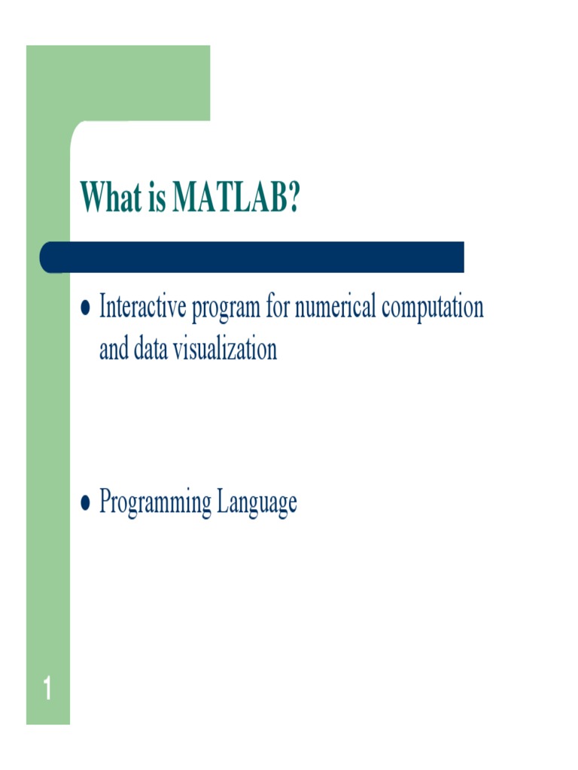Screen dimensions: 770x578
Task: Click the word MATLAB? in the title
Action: [236, 197]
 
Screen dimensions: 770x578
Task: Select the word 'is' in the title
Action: [156, 197]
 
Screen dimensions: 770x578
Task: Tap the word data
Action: [148, 350]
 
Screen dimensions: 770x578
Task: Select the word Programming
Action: [156, 502]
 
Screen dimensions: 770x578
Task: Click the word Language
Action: [257, 502]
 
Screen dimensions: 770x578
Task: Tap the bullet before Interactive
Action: [86, 308]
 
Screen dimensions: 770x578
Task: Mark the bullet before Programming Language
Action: [86, 502]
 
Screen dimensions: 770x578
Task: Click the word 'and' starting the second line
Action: [113, 350]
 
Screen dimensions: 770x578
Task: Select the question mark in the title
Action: [292, 197]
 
